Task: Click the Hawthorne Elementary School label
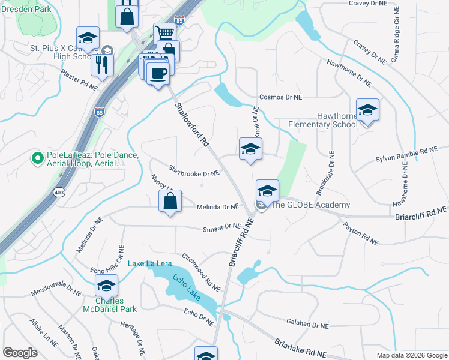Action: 319,120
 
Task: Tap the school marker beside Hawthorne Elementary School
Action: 367,110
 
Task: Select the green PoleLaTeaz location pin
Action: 37,159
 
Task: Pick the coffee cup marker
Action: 158,73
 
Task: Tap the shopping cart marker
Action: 164,32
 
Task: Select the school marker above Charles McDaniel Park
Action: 106,286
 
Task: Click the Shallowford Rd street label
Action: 191,124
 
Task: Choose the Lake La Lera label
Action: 150,263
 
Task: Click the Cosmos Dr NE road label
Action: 280,97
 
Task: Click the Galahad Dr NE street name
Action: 307,325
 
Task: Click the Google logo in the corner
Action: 20,352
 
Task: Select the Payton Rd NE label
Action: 360,233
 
